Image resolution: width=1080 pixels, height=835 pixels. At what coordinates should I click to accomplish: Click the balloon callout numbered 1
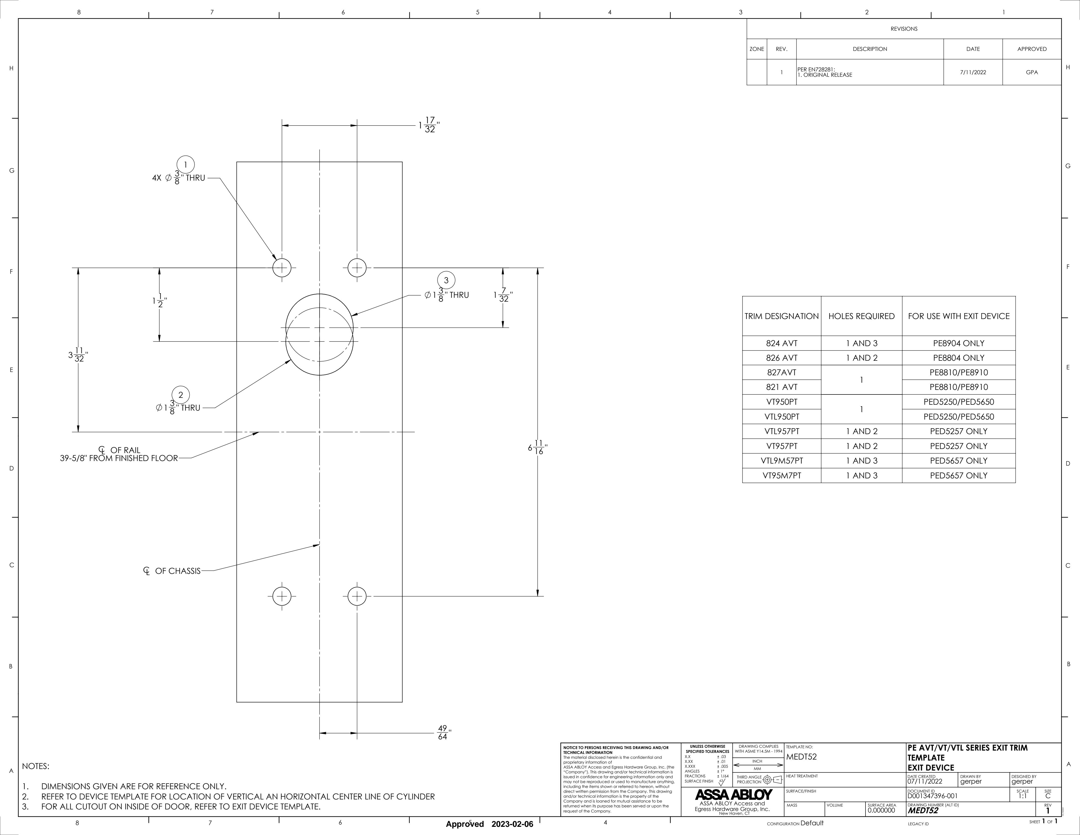(x=185, y=165)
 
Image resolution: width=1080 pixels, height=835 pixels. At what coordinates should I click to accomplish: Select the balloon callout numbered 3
(x=446, y=280)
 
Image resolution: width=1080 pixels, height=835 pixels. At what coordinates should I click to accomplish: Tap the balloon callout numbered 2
(x=181, y=395)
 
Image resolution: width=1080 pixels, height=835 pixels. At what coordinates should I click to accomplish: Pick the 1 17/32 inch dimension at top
(x=428, y=125)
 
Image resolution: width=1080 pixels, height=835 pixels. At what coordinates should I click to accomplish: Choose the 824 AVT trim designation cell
(x=781, y=343)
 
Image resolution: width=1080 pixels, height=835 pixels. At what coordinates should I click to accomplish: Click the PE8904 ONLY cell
(x=958, y=343)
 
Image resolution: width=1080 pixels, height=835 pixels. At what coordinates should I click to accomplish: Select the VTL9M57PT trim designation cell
(x=781, y=460)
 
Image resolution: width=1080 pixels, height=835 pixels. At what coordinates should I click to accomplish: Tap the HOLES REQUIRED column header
(x=861, y=316)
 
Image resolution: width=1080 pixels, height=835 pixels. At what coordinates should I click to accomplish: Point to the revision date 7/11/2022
(x=973, y=72)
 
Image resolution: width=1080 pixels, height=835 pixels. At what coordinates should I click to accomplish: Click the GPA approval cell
(x=1031, y=72)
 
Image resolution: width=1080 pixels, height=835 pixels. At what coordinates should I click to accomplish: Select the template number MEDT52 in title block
(x=802, y=757)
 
